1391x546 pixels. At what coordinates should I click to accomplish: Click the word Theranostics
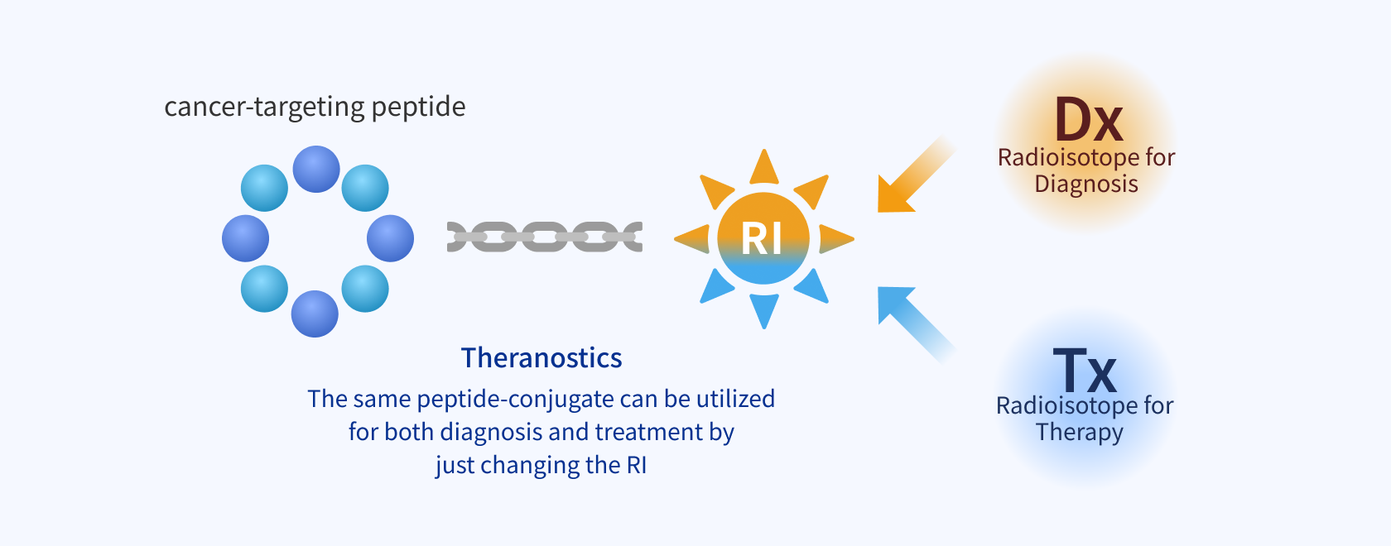tap(541, 358)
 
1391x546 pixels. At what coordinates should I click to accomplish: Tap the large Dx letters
tap(1089, 121)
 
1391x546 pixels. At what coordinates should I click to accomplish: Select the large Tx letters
tap(1085, 371)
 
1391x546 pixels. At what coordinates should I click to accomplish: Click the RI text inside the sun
tap(762, 239)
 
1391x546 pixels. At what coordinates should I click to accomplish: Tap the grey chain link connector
tap(545, 237)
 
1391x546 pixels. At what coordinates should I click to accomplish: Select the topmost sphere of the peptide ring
tap(316, 169)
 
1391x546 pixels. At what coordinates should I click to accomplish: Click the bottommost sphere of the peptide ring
tap(315, 314)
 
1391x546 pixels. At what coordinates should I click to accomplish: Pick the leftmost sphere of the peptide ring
tap(245, 238)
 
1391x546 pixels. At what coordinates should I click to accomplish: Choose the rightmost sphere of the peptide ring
tap(390, 238)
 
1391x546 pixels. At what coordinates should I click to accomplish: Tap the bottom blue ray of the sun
tap(763, 310)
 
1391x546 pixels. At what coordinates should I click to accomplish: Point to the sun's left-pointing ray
tap(692, 239)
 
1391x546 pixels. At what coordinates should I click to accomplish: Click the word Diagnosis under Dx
tap(1086, 184)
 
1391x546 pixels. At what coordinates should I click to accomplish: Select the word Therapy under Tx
tap(1080, 432)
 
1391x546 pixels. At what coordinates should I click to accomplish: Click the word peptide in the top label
tap(419, 108)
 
